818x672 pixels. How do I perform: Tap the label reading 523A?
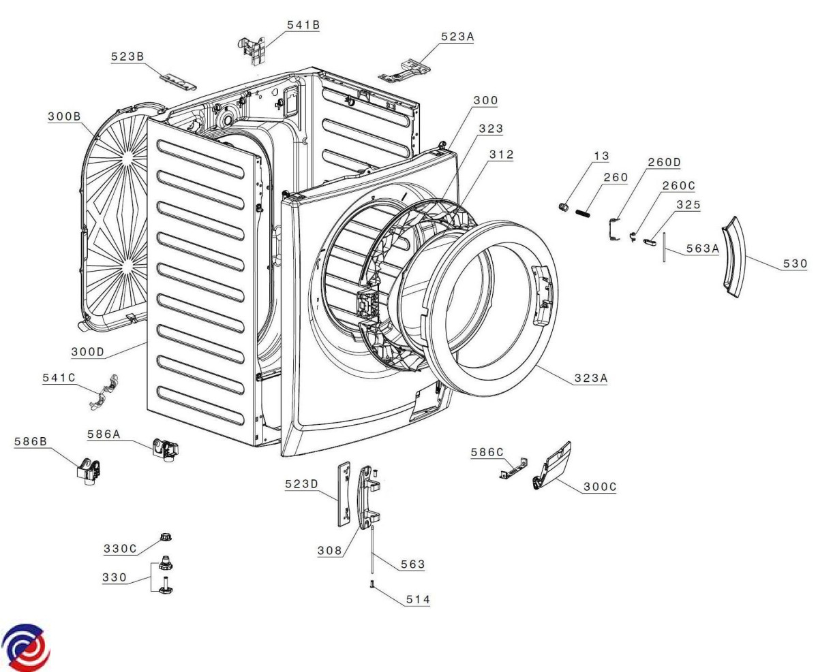(456, 38)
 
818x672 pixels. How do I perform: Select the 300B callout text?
(63, 117)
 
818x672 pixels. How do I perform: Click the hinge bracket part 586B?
(88, 470)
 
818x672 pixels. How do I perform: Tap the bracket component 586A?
(164, 449)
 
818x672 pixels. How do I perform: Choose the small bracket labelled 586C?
(512, 469)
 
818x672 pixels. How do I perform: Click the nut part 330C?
(164, 537)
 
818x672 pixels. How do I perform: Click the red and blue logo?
(27, 646)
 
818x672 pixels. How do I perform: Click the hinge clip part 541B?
(253, 49)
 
